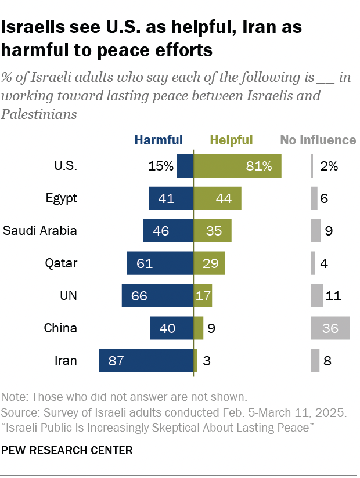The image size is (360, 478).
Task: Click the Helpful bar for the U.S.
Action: tap(237, 166)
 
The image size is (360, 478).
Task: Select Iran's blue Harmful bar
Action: tap(146, 361)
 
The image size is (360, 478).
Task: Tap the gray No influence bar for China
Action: tap(330, 328)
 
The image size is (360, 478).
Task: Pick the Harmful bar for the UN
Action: tap(157, 296)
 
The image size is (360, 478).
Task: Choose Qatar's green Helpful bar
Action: tap(208, 263)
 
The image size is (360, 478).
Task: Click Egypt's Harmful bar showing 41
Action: tap(171, 198)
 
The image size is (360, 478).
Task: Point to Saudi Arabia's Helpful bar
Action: tap(212, 231)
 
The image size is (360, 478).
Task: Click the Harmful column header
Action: tap(159, 140)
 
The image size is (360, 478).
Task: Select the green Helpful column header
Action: tap(231, 140)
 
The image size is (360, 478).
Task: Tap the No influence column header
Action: tap(318, 140)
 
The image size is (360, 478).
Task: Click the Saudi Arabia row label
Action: tap(40, 231)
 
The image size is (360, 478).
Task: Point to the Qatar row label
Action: tap(61, 263)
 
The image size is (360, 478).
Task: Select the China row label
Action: tap(60, 328)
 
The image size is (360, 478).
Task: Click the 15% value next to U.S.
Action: tap(160, 166)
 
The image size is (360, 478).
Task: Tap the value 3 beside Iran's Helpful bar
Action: tap(207, 361)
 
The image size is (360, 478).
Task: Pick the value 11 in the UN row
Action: tap(333, 296)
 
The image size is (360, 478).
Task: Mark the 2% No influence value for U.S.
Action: tap(329, 166)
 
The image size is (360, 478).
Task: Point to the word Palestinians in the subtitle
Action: tap(39, 114)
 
